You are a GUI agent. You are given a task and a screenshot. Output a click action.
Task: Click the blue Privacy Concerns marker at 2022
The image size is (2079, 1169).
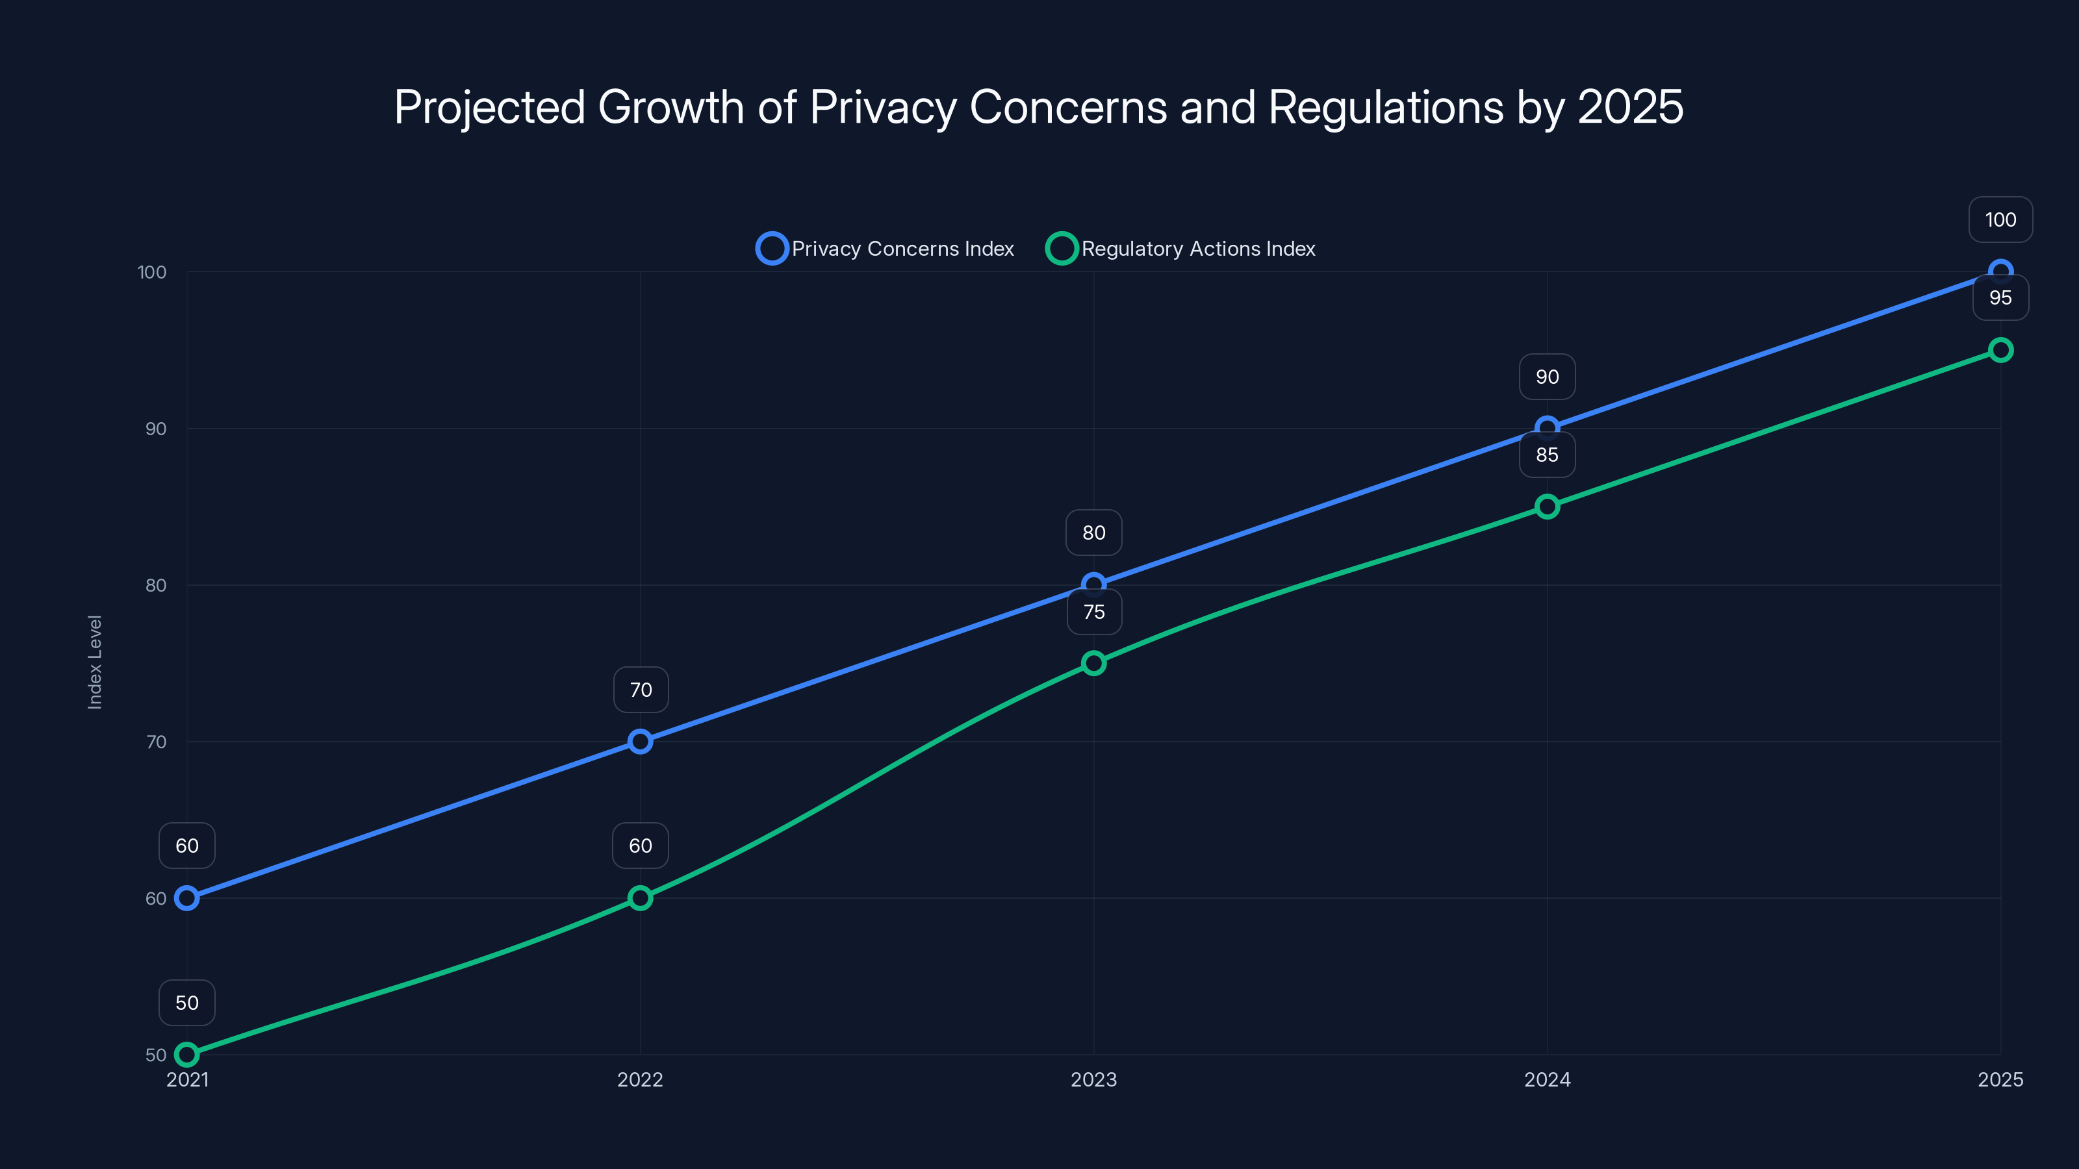click(x=640, y=742)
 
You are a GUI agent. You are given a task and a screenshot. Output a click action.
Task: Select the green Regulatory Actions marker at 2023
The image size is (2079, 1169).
click(x=1093, y=663)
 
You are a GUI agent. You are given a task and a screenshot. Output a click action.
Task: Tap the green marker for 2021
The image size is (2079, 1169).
click(x=186, y=1055)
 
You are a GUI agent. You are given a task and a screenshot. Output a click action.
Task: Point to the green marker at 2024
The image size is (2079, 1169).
click(x=1547, y=507)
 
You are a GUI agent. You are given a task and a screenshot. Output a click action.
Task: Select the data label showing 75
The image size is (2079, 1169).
click(x=1093, y=612)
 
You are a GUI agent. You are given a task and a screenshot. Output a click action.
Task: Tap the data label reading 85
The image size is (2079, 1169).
click(x=1547, y=455)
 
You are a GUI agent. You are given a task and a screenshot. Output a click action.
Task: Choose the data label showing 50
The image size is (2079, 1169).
click(x=186, y=1003)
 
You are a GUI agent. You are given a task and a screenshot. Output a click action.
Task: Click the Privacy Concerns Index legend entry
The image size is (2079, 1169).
click(x=902, y=249)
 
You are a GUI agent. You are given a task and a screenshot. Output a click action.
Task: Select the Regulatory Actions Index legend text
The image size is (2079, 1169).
click(x=1197, y=249)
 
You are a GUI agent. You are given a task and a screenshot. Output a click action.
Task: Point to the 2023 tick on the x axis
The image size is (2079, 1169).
click(x=1093, y=1079)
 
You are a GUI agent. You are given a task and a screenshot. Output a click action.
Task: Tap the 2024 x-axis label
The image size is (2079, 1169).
click(x=1547, y=1079)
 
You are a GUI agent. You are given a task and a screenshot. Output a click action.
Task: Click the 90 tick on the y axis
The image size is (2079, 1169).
click(x=156, y=429)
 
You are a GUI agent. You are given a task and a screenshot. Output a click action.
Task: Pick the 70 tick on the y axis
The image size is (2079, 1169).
click(x=156, y=742)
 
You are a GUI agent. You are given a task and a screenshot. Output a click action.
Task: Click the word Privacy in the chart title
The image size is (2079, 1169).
click(x=882, y=107)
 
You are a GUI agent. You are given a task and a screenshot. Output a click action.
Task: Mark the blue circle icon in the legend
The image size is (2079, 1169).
click(x=772, y=249)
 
